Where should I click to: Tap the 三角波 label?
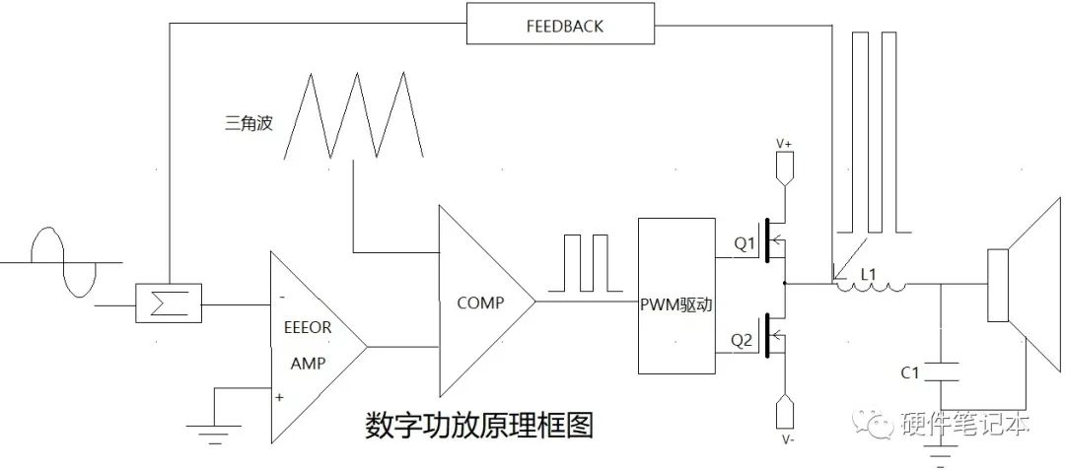tap(248, 123)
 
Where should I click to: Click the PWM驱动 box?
tap(675, 298)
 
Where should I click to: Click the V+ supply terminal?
tap(784, 168)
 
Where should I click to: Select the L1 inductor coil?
tap(869, 287)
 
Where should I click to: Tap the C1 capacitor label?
tap(911, 372)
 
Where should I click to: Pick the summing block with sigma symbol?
tap(168, 303)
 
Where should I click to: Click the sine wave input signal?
tap(65, 262)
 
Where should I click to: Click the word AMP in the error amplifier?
tap(308, 363)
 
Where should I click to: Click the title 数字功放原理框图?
tap(479, 426)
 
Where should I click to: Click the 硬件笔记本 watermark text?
tap(966, 425)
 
